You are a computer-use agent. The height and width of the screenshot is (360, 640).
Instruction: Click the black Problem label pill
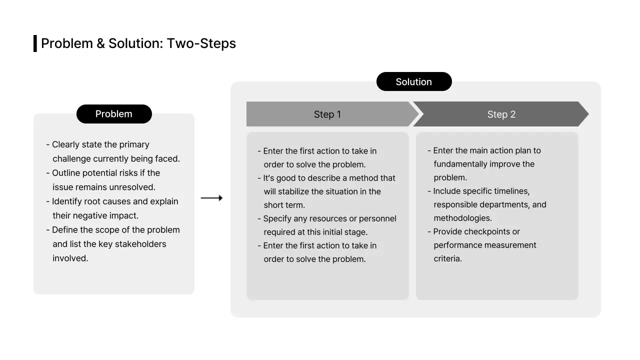114,114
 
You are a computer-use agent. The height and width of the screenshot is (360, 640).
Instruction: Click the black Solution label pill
413,82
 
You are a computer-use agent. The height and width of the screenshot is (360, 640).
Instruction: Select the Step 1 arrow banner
327,114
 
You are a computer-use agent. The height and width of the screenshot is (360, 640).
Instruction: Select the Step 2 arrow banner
501,114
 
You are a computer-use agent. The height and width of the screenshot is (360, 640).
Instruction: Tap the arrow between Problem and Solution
211,198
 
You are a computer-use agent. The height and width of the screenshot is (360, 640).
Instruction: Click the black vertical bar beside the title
35,43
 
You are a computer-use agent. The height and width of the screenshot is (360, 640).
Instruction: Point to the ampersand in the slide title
100,43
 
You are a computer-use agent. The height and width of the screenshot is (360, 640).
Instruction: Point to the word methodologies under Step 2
462,218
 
